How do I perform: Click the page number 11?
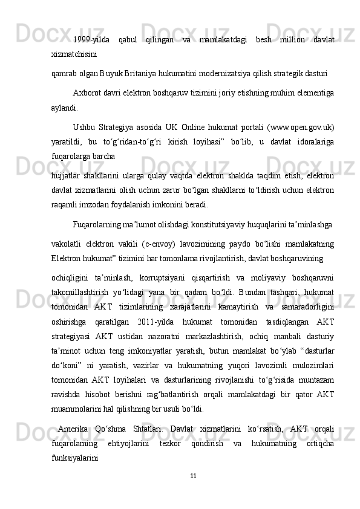tap(193, 492)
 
